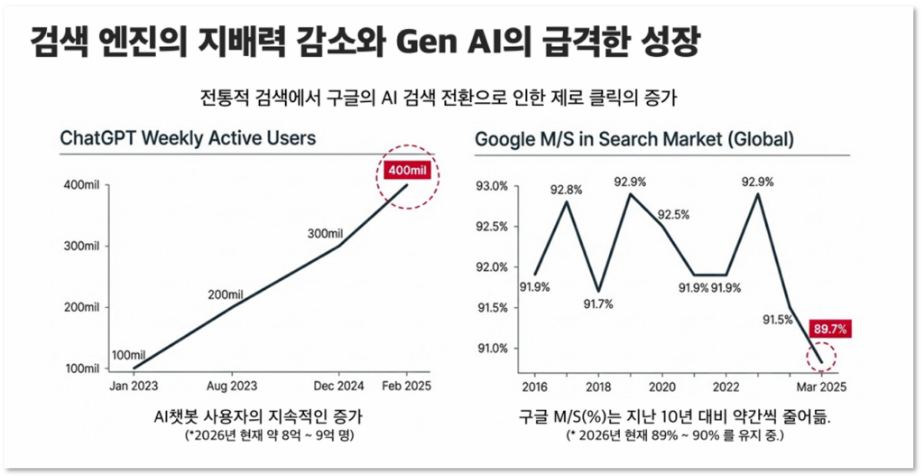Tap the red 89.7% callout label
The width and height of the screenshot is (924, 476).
click(828, 330)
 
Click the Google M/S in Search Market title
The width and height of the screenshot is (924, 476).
click(634, 139)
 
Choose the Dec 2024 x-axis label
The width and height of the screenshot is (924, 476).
click(339, 387)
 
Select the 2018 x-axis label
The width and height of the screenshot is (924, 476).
click(597, 387)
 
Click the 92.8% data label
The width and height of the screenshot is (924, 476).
click(566, 190)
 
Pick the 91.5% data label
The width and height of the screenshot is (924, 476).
click(779, 320)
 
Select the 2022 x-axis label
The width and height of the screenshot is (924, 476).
click(726, 387)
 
